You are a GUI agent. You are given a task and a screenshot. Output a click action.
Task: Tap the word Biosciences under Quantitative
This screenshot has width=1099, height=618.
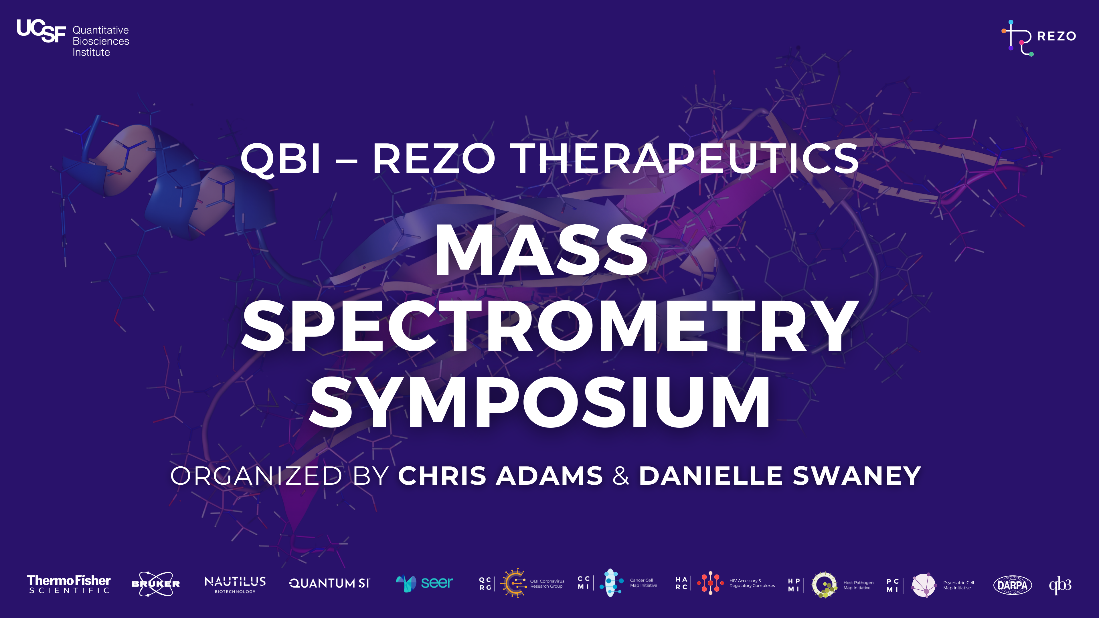(101, 41)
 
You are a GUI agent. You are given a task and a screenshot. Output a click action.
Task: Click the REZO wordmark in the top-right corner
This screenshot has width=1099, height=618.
(1056, 36)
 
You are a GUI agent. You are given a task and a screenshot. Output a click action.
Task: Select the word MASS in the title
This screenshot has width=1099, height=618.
(541, 251)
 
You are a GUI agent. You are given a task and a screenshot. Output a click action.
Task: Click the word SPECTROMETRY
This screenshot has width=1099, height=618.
(549, 326)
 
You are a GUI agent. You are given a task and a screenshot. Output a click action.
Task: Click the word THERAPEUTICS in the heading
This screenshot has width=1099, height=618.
(684, 159)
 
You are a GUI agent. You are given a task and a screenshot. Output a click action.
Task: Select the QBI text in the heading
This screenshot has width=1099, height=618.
(280, 159)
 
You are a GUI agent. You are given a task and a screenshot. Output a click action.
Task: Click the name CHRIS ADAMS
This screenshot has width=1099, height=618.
(500, 476)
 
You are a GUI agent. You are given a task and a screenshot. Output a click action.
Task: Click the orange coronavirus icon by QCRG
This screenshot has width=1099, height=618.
(513, 583)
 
